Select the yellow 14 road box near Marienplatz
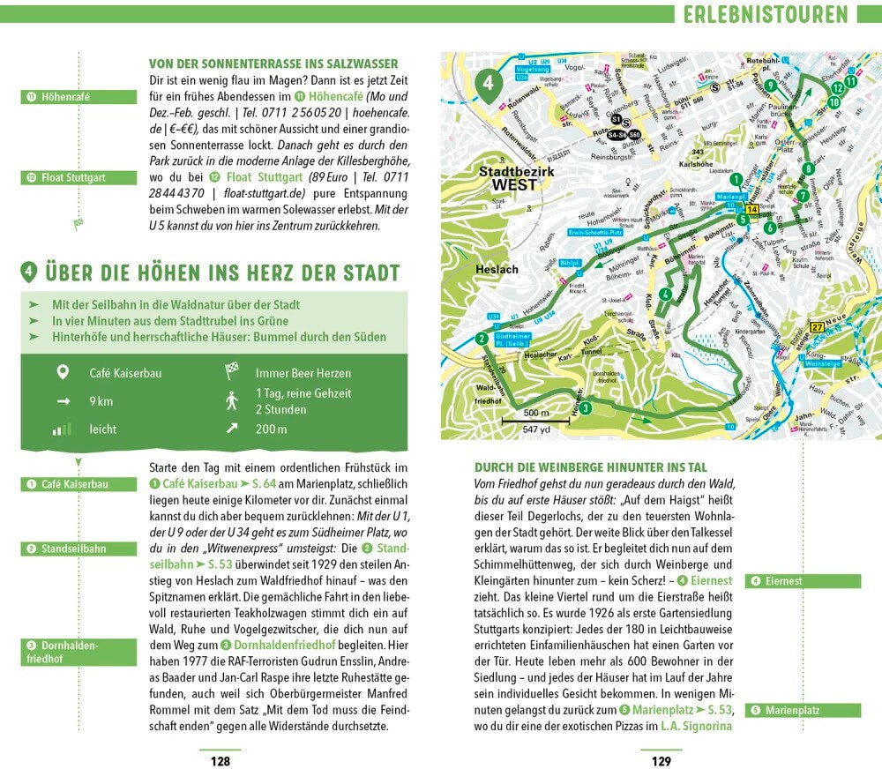click(751, 209)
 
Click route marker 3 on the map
click(586, 407)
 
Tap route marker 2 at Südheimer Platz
click(482, 338)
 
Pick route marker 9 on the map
click(770, 86)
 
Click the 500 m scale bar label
click(529, 413)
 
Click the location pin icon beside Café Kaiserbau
click(62, 373)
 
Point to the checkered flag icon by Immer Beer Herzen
click(232, 373)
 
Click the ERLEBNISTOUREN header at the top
click(764, 14)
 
